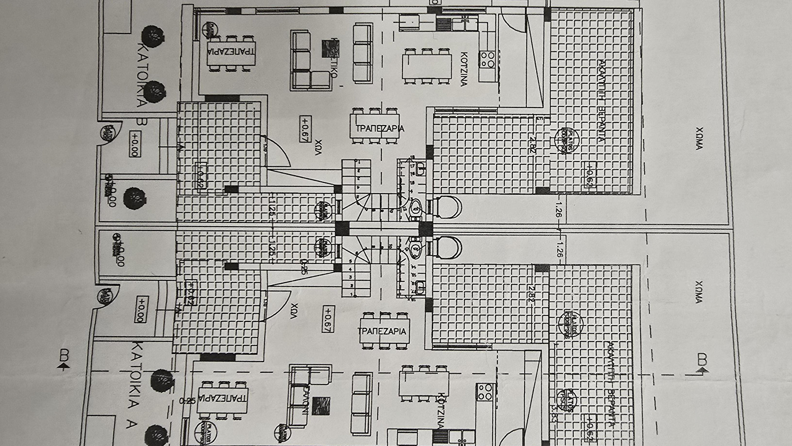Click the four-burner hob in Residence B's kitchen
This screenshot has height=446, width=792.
[x=487, y=59]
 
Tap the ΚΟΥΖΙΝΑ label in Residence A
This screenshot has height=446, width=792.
[x=441, y=413]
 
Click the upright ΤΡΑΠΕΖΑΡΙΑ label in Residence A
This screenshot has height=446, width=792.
[x=382, y=331]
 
